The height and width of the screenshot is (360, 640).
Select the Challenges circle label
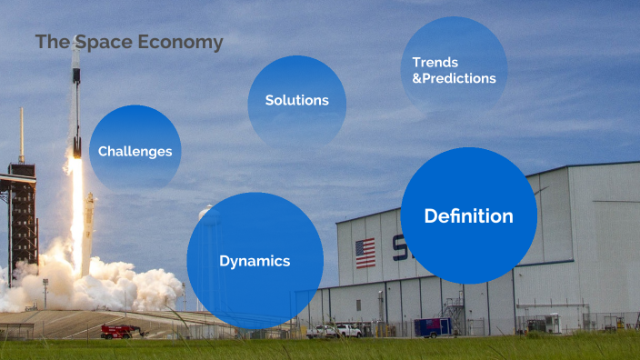[x=135, y=151]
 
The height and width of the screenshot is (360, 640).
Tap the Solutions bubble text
[x=296, y=100]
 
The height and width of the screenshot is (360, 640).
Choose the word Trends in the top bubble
[x=435, y=62]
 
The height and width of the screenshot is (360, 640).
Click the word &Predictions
[x=455, y=78]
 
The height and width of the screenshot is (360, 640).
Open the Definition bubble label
[x=468, y=216]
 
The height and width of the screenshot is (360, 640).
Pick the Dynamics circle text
[x=255, y=261]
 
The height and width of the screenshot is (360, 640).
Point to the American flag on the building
[x=365, y=253]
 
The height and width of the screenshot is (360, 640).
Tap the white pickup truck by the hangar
[x=347, y=330]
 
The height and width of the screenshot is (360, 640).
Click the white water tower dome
[x=209, y=215]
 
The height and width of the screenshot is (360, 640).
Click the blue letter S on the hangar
[x=398, y=247]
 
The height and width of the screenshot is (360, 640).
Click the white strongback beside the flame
[x=89, y=232]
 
